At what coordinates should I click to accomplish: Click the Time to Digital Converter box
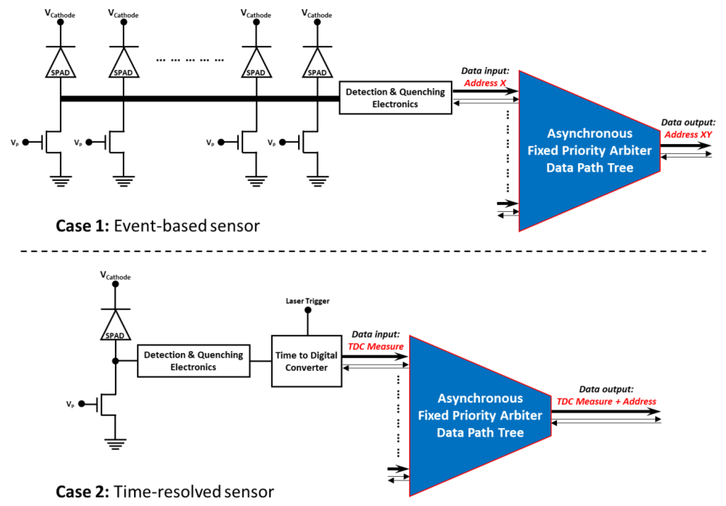[306, 361]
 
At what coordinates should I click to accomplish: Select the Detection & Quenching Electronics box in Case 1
[395, 98]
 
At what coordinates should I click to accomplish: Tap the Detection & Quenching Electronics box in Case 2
[194, 361]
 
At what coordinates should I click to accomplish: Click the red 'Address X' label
[485, 83]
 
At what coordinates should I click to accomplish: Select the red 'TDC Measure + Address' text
[606, 402]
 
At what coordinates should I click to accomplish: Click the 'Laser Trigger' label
[307, 301]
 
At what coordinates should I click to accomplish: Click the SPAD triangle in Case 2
[115, 328]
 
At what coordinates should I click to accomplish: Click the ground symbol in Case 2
[115, 443]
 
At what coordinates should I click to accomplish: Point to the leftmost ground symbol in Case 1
[61, 181]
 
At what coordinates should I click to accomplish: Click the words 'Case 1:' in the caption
[82, 226]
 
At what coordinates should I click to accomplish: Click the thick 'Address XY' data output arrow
[685, 146]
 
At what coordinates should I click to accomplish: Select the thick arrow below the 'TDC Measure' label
[375, 357]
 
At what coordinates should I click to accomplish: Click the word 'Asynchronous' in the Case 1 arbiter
[590, 133]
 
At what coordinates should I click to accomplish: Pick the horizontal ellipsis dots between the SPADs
[190, 60]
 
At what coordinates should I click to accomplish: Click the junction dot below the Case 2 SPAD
[115, 361]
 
